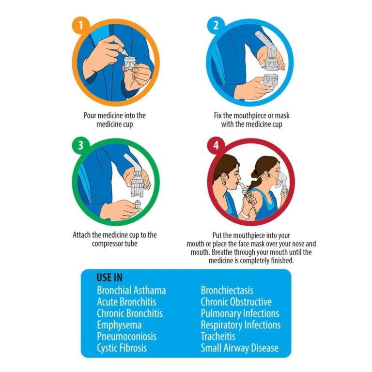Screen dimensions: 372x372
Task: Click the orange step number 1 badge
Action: point(81,25)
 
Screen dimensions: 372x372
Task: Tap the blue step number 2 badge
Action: point(216,25)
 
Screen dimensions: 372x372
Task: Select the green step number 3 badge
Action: point(81,145)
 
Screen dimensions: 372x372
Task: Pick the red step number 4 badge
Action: point(216,145)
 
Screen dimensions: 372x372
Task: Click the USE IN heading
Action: point(109,278)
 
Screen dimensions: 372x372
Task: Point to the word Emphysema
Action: point(119,325)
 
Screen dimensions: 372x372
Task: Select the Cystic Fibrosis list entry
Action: point(122,348)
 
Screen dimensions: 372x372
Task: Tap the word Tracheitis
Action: point(218,336)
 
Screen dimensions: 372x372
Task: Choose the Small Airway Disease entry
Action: point(240,348)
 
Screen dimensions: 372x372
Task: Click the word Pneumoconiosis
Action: point(127,336)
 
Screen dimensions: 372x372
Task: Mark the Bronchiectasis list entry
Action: point(227,290)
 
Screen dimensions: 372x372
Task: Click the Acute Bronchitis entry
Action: point(126,302)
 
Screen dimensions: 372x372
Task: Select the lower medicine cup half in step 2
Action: point(271,81)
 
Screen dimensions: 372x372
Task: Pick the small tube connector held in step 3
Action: point(138,204)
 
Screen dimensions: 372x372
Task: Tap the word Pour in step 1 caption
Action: point(90,116)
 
